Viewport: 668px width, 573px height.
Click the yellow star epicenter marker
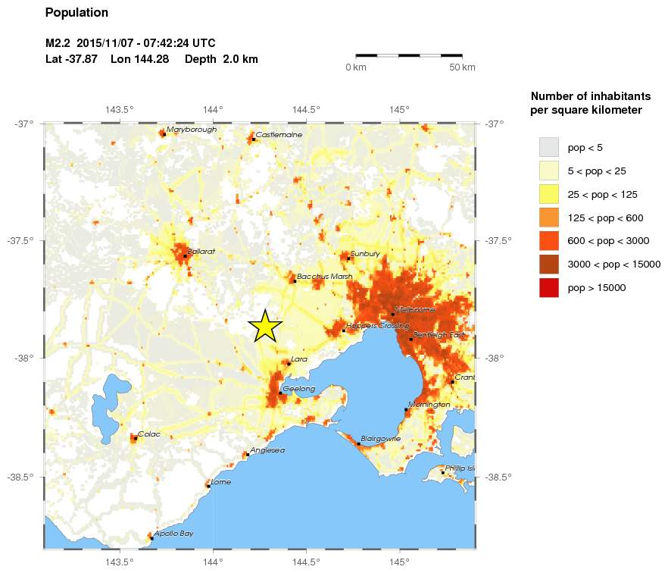265,326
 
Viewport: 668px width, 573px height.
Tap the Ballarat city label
201,251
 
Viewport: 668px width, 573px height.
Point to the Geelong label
298,389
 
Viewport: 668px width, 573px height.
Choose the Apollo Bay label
173,534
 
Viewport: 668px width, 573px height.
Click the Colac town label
148,434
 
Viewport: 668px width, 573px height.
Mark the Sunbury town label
365,254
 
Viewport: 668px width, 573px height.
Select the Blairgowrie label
380,438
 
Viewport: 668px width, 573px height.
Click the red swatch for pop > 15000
548,287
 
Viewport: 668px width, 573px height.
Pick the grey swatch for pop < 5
548,147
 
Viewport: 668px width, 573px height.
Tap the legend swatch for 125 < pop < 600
548,218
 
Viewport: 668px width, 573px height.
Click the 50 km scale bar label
462,67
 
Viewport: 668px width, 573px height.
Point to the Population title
76,13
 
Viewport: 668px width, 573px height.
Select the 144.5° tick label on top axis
306,109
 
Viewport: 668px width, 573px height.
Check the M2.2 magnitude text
58,43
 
